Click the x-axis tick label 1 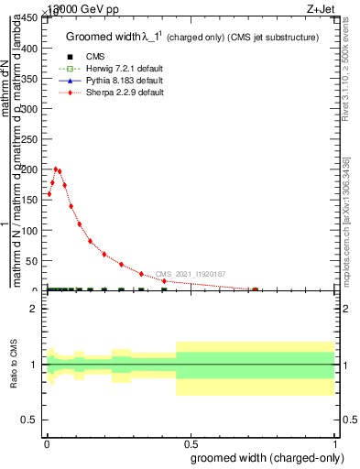(x=336, y=442)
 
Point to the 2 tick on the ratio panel (x=36, y=310)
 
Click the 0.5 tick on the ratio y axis (x=31, y=420)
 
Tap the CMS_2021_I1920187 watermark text (x=191, y=274)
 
